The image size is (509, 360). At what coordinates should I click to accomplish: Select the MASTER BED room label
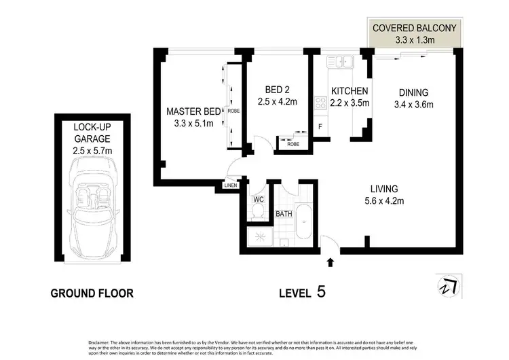(191, 111)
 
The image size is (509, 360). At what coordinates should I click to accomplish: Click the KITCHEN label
(349, 91)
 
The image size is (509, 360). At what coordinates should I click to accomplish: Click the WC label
(257, 200)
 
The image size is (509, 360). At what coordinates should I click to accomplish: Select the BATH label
(284, 215)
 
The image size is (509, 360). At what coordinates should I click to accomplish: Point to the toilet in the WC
(257, 213)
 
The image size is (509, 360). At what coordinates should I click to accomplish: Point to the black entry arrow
(331, 262)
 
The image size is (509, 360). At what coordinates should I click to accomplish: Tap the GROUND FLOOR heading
(92, 293)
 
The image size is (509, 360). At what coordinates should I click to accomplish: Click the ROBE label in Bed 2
(293, 144)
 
